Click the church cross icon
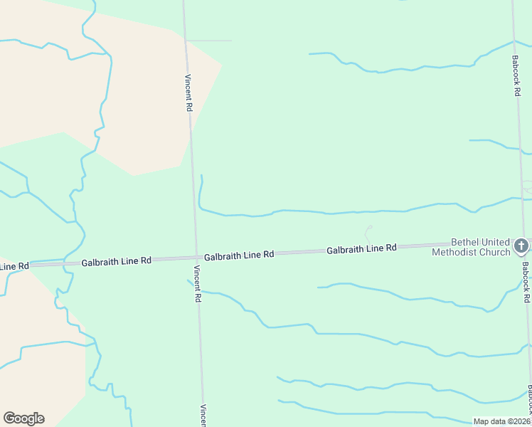(521, 246)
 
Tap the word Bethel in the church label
(467, 242)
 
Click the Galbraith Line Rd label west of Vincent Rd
(117, 261)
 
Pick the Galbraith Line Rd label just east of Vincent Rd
(239, 255)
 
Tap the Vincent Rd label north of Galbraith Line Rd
(188, 93)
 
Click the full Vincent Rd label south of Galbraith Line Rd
(197, 285)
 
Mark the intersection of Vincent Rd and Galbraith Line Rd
(196, 257)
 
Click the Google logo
(23, 418)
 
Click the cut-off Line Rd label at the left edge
(14, 266)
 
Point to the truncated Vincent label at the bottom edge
(203, 416)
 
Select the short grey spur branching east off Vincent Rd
(210, 41)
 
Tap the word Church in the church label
(496, 252)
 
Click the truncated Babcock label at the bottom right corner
(529, 399)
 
